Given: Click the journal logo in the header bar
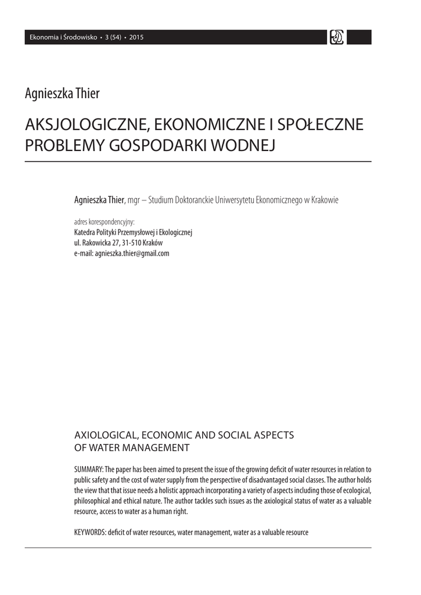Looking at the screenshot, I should coord(336,38).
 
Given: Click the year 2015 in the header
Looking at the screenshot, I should coord(136,38).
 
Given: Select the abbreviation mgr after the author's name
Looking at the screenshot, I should coord(134,200).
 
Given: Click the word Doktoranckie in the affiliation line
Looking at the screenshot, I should coord(200,200).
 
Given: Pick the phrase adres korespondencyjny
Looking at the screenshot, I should coord(105,222).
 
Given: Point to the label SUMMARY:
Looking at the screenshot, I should coord(89,469).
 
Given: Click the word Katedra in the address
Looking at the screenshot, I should coord(85,232).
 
